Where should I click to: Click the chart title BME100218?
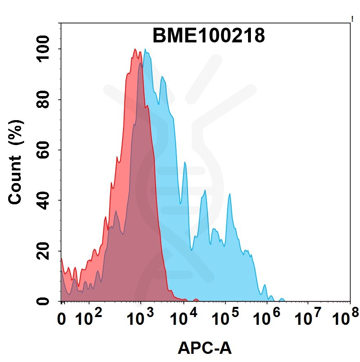coord(209,36)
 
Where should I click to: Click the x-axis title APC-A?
coord(205,348)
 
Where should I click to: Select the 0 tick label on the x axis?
coord(62,318)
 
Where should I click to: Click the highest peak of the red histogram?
coord(135,49)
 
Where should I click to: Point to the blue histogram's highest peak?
coord(145,50)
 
